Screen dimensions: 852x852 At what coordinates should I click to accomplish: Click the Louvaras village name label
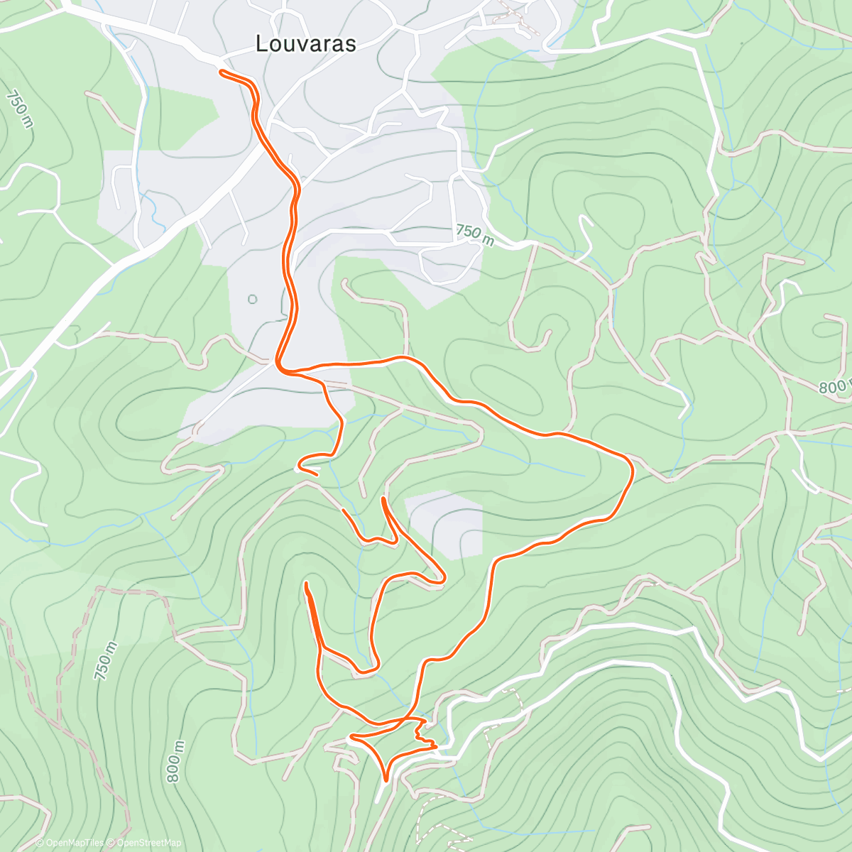coord(305,44)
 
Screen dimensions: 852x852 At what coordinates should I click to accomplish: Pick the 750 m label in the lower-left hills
coord(106,661)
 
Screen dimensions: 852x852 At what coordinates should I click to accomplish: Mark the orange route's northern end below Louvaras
coord(222,72)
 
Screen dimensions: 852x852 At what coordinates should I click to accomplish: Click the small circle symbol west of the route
coord(252,299)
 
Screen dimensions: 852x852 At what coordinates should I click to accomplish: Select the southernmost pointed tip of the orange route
coord(386,780)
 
